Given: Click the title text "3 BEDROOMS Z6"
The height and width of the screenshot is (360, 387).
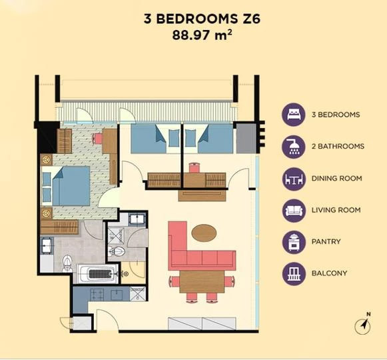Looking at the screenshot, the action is click(202, 19).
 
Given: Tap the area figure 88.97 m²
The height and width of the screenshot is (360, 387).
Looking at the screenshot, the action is click(202, 35).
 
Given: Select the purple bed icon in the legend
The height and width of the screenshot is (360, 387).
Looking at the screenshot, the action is click(294, 115).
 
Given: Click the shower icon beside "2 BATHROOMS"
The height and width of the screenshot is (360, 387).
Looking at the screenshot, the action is click(294, 147).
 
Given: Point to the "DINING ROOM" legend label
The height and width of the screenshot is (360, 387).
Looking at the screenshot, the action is click(336, 179).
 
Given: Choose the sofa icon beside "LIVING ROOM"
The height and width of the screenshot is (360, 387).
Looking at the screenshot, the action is click(294, 210).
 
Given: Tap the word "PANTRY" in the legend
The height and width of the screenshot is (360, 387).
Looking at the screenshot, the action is click(326, 241).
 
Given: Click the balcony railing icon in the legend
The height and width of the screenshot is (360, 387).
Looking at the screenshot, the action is click(294, 274).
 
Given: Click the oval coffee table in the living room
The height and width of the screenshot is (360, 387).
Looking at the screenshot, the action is click(204, 233).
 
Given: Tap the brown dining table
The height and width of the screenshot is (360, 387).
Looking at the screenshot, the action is click(202, 282).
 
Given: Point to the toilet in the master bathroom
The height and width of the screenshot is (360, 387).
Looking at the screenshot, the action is click(67, 263).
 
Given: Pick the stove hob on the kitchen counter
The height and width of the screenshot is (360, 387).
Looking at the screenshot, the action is click(97, 294).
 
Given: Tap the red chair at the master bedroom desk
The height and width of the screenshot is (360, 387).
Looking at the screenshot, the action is click(97, 138).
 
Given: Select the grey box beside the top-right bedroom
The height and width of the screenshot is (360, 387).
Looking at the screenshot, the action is click(246, 138).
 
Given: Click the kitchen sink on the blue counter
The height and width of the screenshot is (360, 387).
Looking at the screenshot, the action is click(117, 295).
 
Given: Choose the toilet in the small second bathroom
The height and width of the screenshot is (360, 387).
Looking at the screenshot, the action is click(117, 251).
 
